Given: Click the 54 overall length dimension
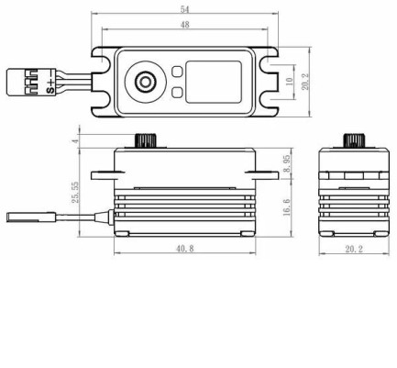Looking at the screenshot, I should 187,8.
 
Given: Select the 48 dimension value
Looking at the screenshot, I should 186,26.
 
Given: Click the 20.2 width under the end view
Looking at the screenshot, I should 352,250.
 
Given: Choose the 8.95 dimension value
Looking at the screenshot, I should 287,162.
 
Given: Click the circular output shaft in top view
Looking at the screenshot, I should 146,81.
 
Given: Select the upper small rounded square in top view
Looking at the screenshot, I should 176,72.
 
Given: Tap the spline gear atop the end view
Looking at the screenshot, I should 351,140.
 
